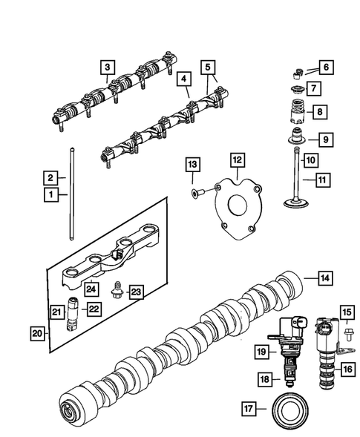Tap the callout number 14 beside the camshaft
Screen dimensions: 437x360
(x=324, y=278)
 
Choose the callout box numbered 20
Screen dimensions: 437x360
(x=36, y=335)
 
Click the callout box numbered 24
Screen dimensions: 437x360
(x=91, y=289)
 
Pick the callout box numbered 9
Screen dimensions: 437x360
(x=324, y=139)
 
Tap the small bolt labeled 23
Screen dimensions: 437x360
(x=115, y=290)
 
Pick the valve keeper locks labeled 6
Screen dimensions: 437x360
(x=295, y=72)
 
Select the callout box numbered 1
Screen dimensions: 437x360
(x=51, y=195)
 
